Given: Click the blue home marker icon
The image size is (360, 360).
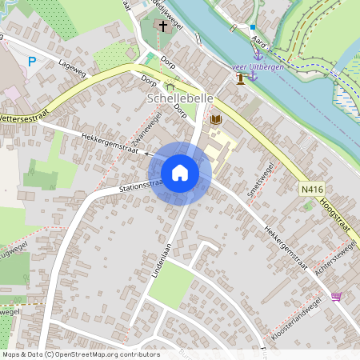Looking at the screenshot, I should (180, 173).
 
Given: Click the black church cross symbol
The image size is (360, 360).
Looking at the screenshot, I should (163, 26).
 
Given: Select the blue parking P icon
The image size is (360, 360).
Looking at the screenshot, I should (32, 61).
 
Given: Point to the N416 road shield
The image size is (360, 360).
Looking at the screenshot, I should (312, 190).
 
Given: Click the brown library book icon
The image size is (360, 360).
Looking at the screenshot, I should (214, 120).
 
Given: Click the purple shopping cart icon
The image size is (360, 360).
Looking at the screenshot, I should (335, 297).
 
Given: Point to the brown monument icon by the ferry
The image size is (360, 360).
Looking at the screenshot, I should (241, 78).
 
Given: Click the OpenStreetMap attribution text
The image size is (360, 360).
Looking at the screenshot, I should (81, 354).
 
